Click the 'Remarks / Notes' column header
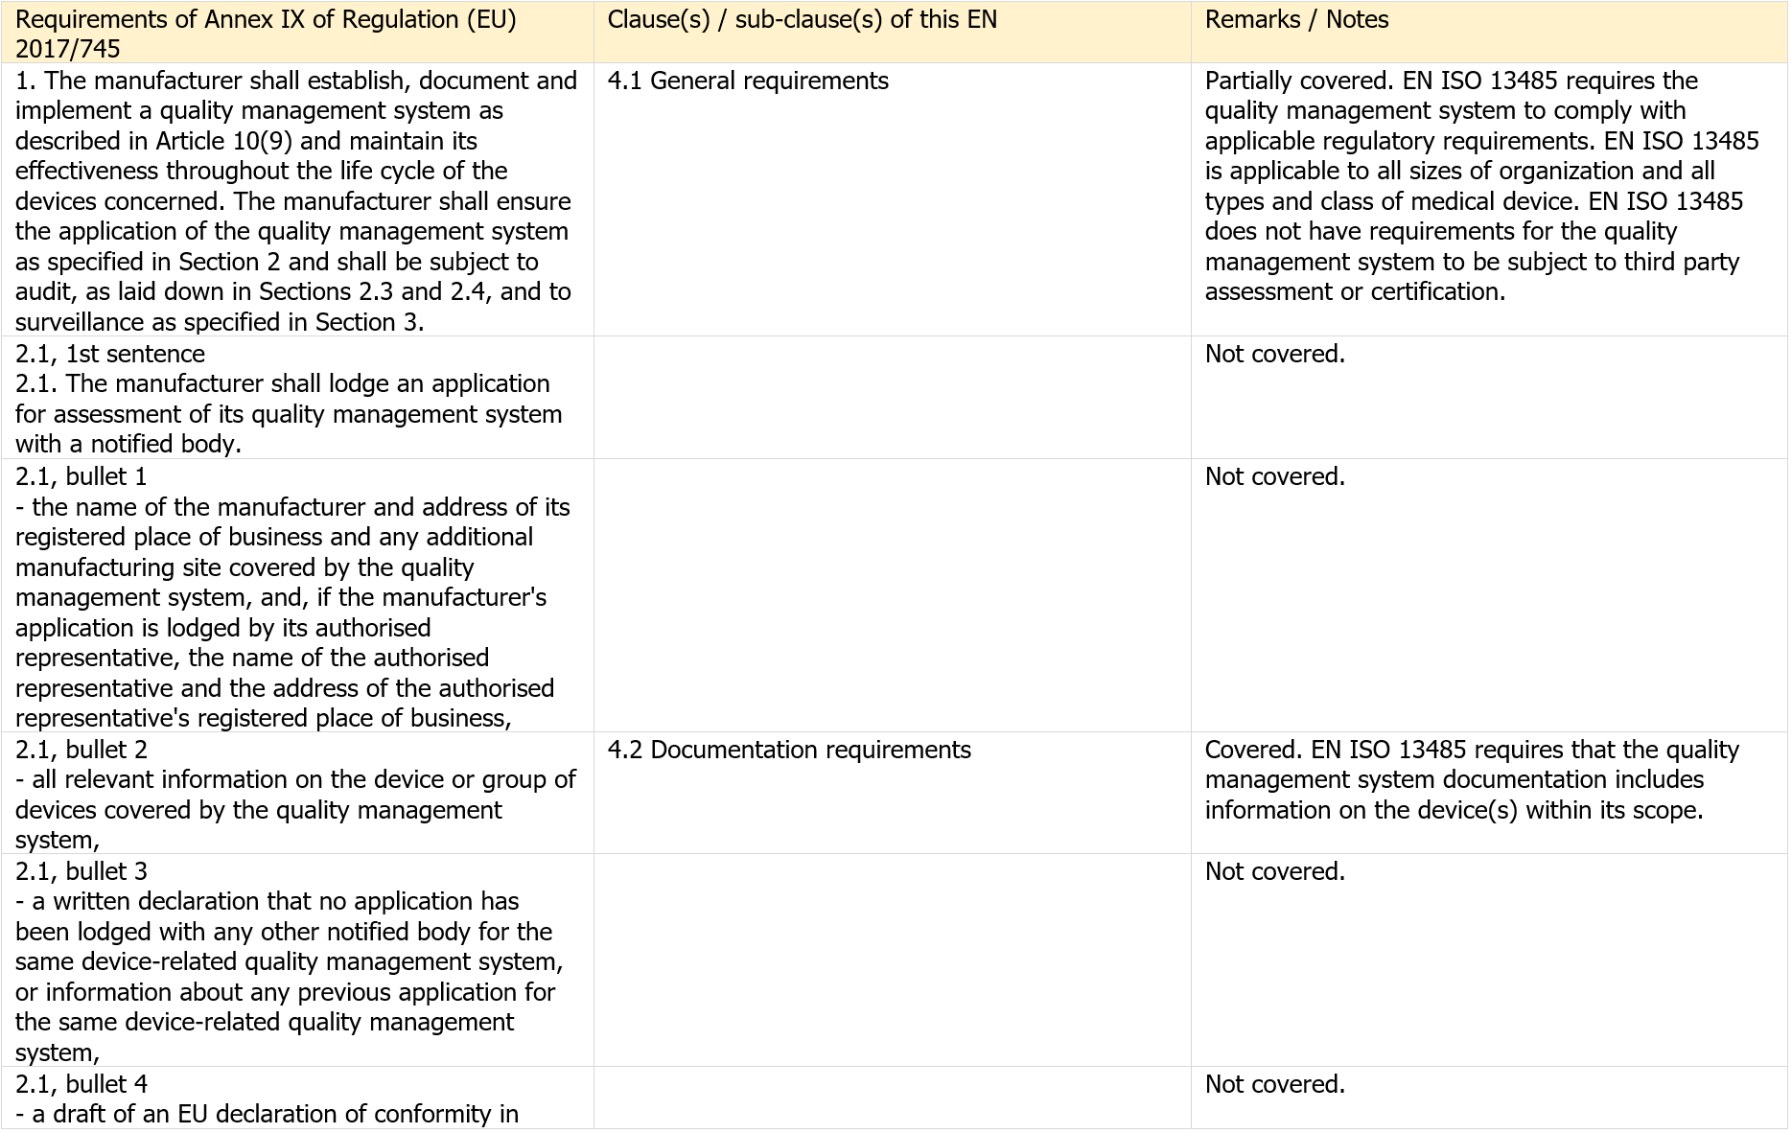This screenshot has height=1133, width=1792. [x=1296, y=20]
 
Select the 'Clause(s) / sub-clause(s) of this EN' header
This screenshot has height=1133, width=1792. [x=802, y=20]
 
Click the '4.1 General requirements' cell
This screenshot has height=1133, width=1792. [x=748, y=81]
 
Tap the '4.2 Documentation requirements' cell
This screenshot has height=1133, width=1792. [x=789, y=751]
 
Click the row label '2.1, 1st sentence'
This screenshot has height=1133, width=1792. [x=110, y=355]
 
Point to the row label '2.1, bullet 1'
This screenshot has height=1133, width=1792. [x=81, y=477]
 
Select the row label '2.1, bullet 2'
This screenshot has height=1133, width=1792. [x=81, y=751]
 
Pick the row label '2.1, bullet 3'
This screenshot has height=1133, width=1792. [x=81, y=872]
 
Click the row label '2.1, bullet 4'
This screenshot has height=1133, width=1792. [x=81, y=1085]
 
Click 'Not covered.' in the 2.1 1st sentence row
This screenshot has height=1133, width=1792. [x=1274, y=355]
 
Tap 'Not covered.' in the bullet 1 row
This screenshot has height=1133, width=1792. [x=1274, y=477]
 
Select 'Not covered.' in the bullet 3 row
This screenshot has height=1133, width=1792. [x=1274, y=872]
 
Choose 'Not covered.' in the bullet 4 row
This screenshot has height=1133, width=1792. [x=1274, y=1085]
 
